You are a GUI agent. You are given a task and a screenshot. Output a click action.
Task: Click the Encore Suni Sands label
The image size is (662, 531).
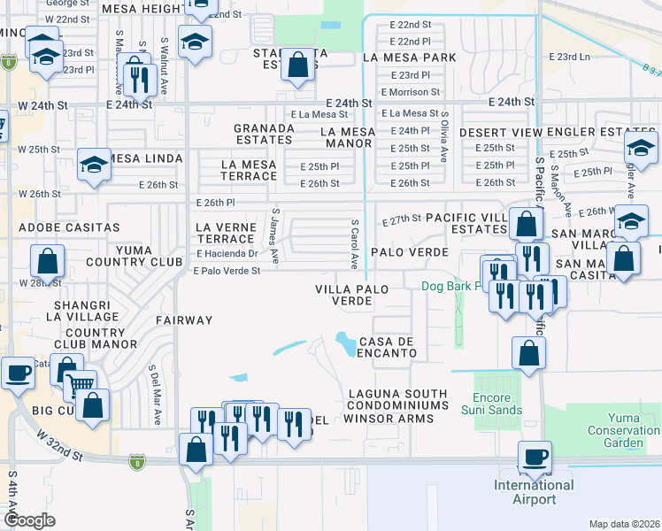tap(491, 404)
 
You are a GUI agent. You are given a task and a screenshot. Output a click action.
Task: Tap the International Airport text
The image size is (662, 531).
tap(534, 492)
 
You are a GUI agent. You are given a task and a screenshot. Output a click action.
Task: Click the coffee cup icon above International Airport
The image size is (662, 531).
tap(535, 458)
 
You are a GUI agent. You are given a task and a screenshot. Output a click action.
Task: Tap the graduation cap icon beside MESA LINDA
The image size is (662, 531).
tap(93, 164)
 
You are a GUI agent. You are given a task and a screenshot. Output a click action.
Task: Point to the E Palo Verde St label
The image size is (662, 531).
tap(227, 271)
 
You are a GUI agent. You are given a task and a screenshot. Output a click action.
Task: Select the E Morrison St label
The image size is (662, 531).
tap(411, 92)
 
